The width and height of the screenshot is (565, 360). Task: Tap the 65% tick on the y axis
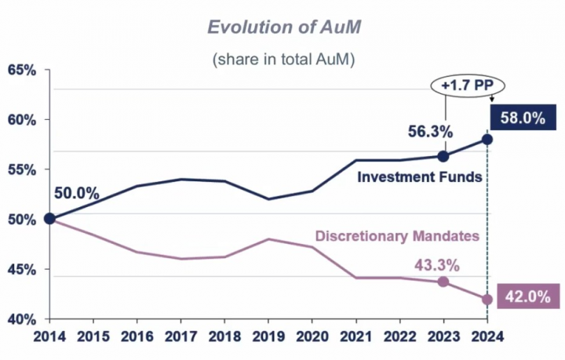click(22, 71)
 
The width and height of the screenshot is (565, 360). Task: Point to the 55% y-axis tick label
click(22, 170)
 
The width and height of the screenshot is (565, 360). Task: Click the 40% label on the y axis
click(22, 319)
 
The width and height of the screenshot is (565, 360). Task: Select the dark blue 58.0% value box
click(523, 119)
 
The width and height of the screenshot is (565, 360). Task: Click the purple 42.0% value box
click(523, 298)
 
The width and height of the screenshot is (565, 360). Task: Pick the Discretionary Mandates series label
click(396, 235)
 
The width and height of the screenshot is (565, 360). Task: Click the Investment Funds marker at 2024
click(487, 139)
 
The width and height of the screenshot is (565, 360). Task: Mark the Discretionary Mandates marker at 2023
click(443, 282)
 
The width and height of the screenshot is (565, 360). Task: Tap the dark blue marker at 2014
click(49, 219)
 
